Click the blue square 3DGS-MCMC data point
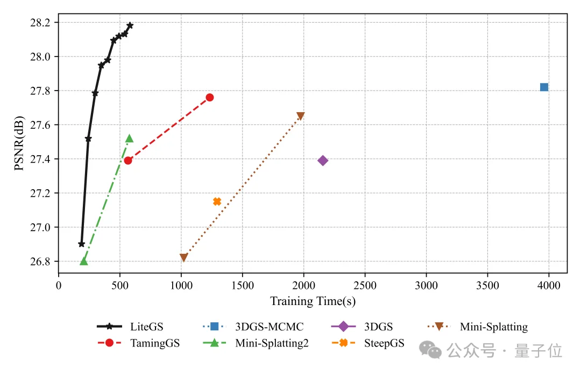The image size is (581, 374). click(x=544, y=87)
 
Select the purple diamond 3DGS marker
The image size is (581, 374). click(x=323, y=160)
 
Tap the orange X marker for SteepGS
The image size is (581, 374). click(x=217, y=202)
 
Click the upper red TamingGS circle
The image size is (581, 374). click(x=210, y=98)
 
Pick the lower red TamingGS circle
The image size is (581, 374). click(x=128, y=160)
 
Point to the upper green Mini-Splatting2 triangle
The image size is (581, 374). click(x=129, y=138)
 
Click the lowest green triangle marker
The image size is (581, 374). click(x=83, y=261)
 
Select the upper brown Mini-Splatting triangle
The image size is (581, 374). click(x=300, y=116)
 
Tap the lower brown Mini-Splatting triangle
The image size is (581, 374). click(x=183, y=258)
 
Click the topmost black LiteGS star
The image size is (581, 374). click(x=130, y=25)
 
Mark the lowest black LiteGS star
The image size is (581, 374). click(x=82, y=244)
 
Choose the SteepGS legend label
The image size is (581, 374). click(x=384, y=343)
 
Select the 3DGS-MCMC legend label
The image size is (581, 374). click(x=269, y=327)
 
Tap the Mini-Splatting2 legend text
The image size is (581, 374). click(x=272, y=343)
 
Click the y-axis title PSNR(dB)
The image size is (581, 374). click(x=19, y=143)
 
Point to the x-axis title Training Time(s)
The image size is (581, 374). click(x=313, y=301)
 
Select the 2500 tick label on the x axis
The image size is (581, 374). click(x=365, y=283)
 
